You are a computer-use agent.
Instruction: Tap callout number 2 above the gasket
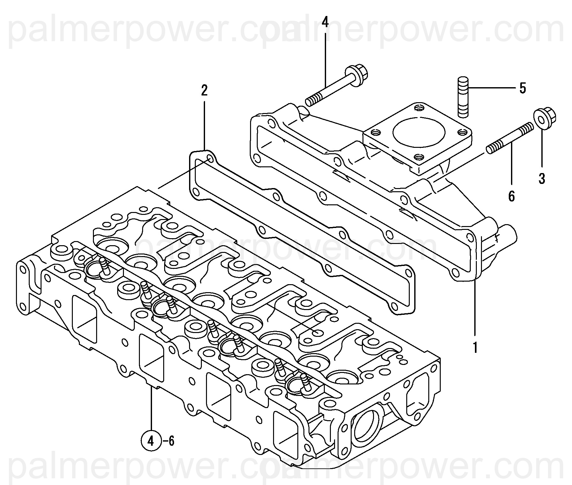coord(204,91)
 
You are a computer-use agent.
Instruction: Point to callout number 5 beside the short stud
coord(522,88)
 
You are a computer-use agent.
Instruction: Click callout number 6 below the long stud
coord(511,196)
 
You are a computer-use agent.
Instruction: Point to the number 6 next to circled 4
coord(171,442)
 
